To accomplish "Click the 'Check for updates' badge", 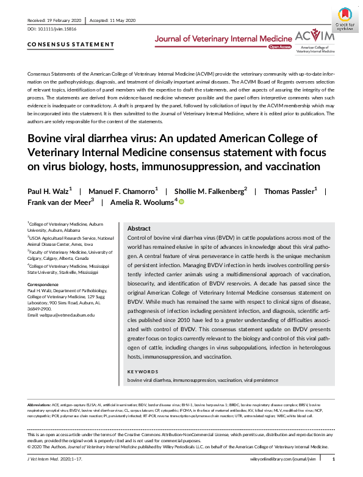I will pos(345,18).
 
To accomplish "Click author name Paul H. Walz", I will pos(49,192).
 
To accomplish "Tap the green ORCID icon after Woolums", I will pos(181,202).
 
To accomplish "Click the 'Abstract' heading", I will pos(139,228).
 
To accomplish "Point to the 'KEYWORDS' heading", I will pos(141,371).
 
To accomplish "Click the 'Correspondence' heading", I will pos(46,285).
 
